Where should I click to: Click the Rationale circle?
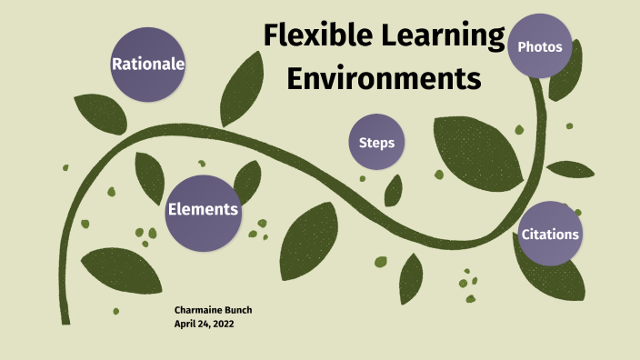[x=147, y=64]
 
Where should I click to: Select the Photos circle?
[x=539, y=45]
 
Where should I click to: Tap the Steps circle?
[x=376, y=142]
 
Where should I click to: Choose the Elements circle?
[x=203, y=209]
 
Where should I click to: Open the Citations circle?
[x=550, y=234]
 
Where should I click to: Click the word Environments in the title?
[x=384, y=78]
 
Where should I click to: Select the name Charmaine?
[x=198, y=311]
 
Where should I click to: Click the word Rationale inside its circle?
[x=147, y=65]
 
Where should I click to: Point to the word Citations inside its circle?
[x=550, y=235]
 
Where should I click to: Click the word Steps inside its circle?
[x=376, y=143]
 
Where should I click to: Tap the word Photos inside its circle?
[x=539, y=46]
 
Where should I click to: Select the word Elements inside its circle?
[x=203, y=210]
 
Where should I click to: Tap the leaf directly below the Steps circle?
[x=394, y=190]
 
